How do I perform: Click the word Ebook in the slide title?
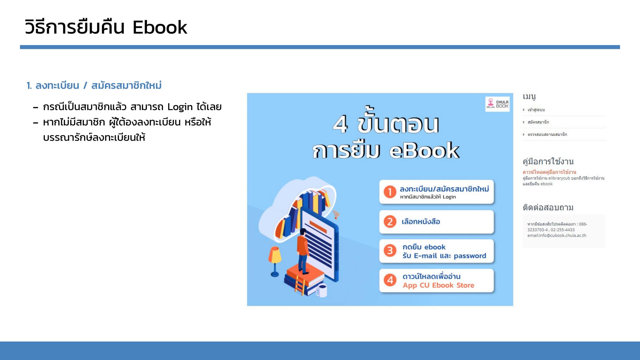pos(160,27)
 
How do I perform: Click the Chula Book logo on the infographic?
pos(497,104)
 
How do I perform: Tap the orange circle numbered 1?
pos(390,192)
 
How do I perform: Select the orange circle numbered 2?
pos(390,222)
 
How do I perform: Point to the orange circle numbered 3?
pos(390,251)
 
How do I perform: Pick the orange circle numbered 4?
pos(390,280)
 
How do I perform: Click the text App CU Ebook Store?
pos(438,285)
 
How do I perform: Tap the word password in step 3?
pos(470,256)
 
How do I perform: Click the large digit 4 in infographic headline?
pos(340,124)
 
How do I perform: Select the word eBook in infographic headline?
pos(424,151)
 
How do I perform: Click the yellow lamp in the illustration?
pos(275,261)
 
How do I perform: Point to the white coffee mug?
pos(322,290)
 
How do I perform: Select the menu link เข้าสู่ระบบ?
pos(536,110)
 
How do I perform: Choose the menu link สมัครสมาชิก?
pos(538,122)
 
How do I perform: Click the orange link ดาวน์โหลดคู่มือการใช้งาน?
pos(549,172)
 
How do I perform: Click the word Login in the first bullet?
pos(180,107)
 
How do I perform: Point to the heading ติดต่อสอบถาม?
pos(548,207)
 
